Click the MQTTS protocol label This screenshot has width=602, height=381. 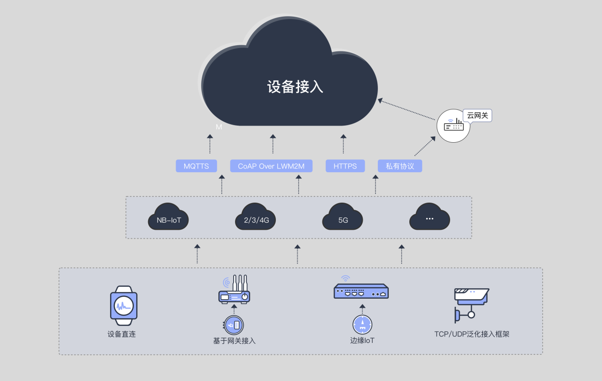point(196,166)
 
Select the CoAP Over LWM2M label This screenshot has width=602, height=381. point(271,166)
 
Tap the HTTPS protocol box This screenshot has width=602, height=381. point(345,166)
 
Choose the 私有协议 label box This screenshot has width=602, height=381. point(400,166)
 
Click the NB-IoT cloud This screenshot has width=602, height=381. point(169,218)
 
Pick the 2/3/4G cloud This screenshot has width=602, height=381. point(256,218)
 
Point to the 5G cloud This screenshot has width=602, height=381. point(343,218)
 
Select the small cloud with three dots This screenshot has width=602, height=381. point(430,218)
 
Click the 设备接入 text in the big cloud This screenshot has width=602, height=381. point(295,87)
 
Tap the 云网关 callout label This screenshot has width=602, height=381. point(478,116)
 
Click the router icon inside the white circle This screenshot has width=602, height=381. point(453,126)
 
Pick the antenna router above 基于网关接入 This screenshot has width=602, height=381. point(235,290)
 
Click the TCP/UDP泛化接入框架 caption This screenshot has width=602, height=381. point(472,334)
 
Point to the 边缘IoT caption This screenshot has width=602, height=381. point(362,341)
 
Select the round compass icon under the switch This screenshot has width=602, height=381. point(362,324)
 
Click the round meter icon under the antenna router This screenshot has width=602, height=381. point(235,325)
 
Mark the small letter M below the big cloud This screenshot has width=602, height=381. point(219,127)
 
